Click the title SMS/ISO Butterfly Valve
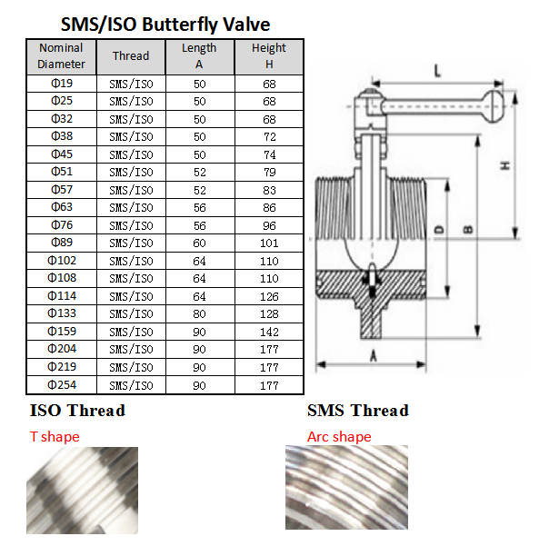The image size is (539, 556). pyautogui.click(x=165, y=25)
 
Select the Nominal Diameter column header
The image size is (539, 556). pyautogui.click(x=61, y=56)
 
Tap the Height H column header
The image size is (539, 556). pyautogui.click(x=269, y=56)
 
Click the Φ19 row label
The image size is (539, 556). pyautogui.click(x=62, y=84)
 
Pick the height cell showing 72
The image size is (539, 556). pyautogui.click(x=269, y=137)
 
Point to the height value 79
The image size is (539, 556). pyautogui.click(x=269, y=173)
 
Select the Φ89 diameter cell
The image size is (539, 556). pyautogui.click(x=62, y=243)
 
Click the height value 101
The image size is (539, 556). pyautogui.click(x=269, y=243)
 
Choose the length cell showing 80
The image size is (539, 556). pyautogui.click(x=199, y=314)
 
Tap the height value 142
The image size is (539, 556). pyautogui.click(x=269, y=332)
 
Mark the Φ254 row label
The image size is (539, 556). pyautogui.click(x=62, y=385)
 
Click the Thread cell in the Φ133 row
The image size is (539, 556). pyautogui.click(x=131, y=314)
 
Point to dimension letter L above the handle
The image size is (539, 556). pyautogui.click(x=437, y=71)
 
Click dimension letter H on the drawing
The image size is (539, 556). pyautogui.click(x=505, y=165)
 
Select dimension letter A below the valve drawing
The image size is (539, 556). pyautogui.click(x=373, y=355)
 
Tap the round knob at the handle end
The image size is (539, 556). pyautogui.click(x=494, y=106)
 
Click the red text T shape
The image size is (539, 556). pyautogui.click(x=55, y=437)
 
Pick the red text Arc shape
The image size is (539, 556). pyautogui.click(x=339, y=437)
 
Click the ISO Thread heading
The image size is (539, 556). pyautogui.click(x=77, y=411)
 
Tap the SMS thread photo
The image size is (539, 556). pyautogui.click(x=346, y=488)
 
